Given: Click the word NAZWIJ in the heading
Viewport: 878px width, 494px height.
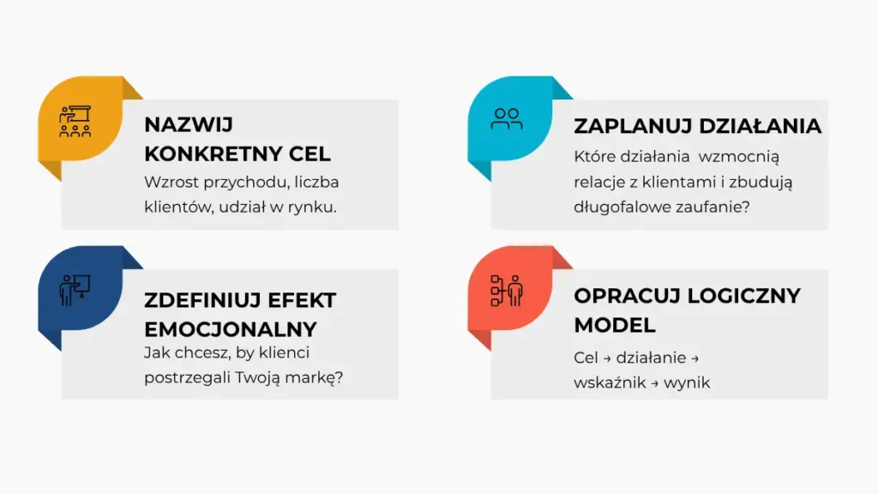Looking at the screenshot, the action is pos(188,125).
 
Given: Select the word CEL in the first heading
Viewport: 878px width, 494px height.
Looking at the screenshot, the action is pos(310,154).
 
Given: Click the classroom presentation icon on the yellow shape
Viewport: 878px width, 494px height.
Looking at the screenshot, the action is pos(75,121).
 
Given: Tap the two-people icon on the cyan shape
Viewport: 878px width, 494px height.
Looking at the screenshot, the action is pos(506,119).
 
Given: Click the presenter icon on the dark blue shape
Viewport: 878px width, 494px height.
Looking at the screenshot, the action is pos(75,290).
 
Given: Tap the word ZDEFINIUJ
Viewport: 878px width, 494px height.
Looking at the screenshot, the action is pos(202,301).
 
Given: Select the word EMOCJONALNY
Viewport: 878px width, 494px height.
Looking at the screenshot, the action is pos(231,330).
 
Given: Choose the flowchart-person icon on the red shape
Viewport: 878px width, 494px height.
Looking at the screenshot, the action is pos(507,291).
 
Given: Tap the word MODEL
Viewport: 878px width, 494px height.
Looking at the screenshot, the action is pos(614,325).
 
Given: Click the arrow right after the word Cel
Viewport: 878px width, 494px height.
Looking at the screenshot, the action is pos(607,358).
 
